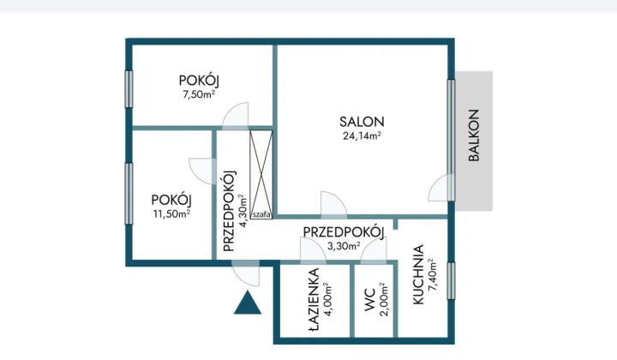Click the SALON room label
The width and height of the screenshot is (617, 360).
(362, 122)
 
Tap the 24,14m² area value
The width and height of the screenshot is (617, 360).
(362, 135)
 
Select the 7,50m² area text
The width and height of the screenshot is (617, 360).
(199, 94)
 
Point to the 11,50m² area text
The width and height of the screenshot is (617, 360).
(171, 213)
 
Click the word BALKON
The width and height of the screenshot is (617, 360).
(474, 135)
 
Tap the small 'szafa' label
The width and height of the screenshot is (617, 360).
(261, 214)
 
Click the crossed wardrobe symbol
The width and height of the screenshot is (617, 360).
(261, 175)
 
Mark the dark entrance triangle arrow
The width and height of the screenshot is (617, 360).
(248, 303)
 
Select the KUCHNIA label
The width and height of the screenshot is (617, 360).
(418, 274)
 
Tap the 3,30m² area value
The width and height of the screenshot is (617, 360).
(344, 246)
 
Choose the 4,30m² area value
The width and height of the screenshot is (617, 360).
(244, 211)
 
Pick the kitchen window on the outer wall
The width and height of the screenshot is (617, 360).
(451, 280)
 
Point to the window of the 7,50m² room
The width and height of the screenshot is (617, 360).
(129, 89)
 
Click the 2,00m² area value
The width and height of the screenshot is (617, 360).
(385, 299)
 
